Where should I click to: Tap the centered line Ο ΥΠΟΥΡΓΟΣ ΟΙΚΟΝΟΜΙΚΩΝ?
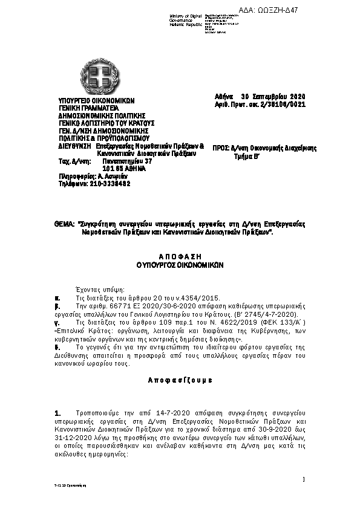click(x=180, y=264)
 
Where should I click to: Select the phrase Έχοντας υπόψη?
click(x=94, y=290)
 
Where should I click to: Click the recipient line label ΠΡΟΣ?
click(x=221, y=148)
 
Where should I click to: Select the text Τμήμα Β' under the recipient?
click(x=247, y=155)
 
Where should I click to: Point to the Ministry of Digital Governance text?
click(x=188, y=19)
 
